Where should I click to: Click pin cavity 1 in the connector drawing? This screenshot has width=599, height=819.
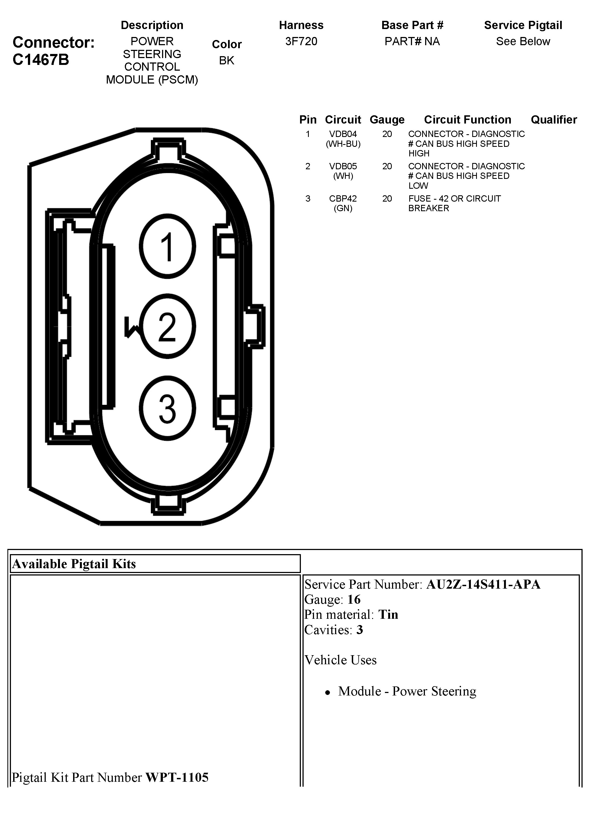pyautogui.click(x=167, y=247)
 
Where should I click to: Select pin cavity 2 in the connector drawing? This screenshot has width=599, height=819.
pyautogui.click(x=167, y=327)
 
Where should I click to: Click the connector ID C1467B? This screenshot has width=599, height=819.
pyautogui.click(x=41, y=60)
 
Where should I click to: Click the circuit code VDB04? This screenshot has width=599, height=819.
pyautogui.click(x=343, y=134)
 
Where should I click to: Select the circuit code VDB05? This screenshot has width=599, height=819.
pyautogui.click(x=343, y=167)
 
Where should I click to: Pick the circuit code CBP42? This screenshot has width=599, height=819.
pyautogui.click(x=343, y=199)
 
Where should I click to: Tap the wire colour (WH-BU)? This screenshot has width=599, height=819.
pyautogui.click(x=343, y=144)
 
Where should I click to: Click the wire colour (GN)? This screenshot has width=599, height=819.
pyautogui.click(x=343, y=208)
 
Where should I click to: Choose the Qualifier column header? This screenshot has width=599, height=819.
pyautogui.click(x=554, y=120)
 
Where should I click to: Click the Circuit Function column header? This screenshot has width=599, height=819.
pyautogui.click(x=467, y=120)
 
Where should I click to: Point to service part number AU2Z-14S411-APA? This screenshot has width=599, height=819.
pyautogui.click(x=483, y=584)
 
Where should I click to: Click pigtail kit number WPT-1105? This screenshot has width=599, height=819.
pyautogui.click(x=177, y=777)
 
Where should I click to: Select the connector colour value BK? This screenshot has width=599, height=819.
pyautogui.click(x=227, y=61)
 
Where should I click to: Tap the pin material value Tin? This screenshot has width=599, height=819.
pyautogui.click(x=388, y=614)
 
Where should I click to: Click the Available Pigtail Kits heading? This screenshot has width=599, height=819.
pyautogui.click(x=74, y=564)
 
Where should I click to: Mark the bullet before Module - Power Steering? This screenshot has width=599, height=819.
pyautogui.click(x=328, y=693)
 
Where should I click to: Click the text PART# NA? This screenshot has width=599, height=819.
pyautogui.click(x=412, y=41)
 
